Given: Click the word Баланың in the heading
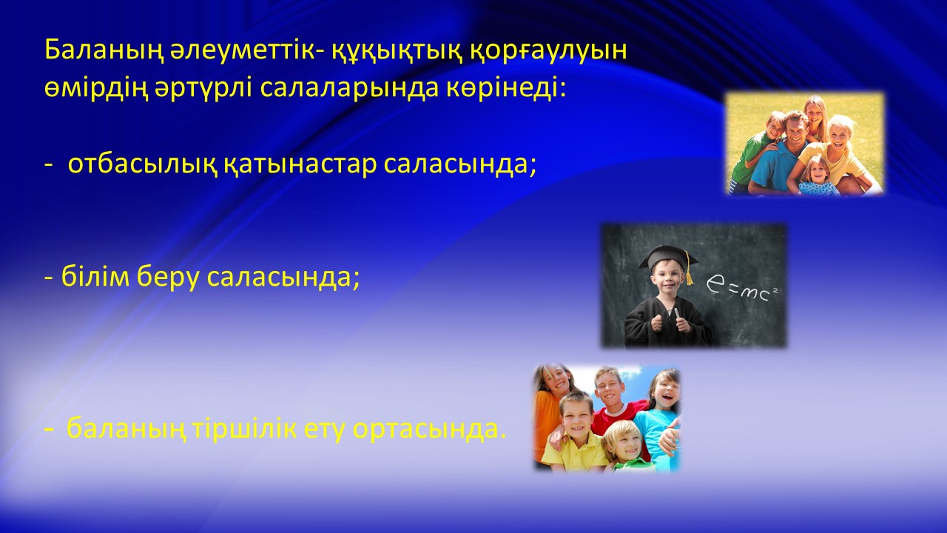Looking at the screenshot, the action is click(104, 51).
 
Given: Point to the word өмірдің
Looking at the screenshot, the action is click(96, 90).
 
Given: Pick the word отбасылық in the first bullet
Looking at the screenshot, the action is click(143, 164).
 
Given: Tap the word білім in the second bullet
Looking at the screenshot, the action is click(95, 277).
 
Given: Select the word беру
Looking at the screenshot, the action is click(168, 278).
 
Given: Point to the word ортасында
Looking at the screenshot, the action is click(429, 429).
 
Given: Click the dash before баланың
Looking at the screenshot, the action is click(49, 429).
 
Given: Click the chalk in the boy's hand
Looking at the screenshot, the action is click(675, 313).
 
